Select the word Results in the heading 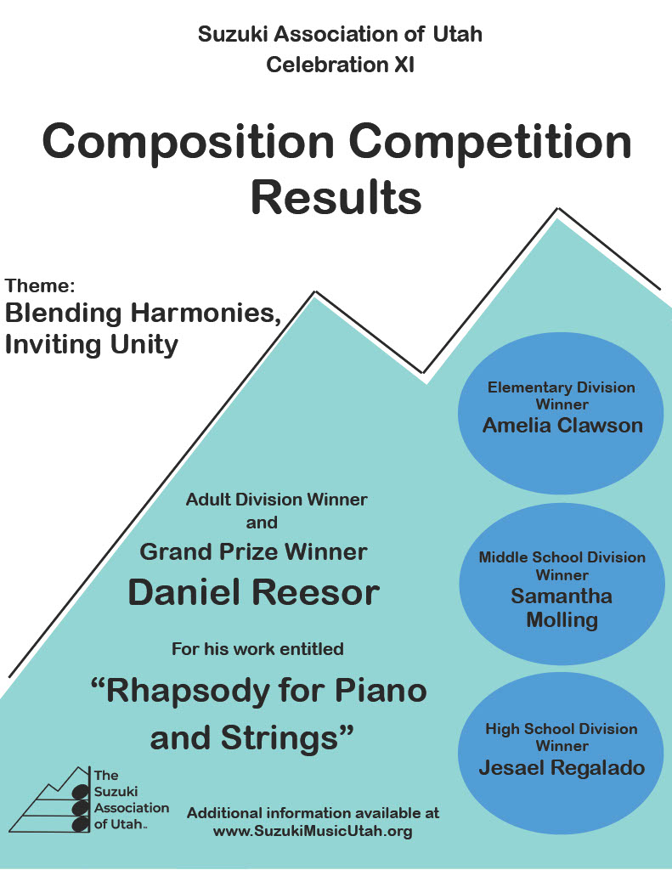pos(336,198)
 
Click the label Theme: pos(39,285)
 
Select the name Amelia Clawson pos(562,426)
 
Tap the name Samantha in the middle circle pos(562,596)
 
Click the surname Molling pos(562,619)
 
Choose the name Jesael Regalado pos(562,768)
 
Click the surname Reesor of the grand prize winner pos(318,592)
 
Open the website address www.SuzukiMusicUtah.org pos(313,831)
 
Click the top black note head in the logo pos(81,791)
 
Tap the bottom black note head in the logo pos(81,824)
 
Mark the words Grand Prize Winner pos(253,552)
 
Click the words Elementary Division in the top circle pos(561,387)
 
